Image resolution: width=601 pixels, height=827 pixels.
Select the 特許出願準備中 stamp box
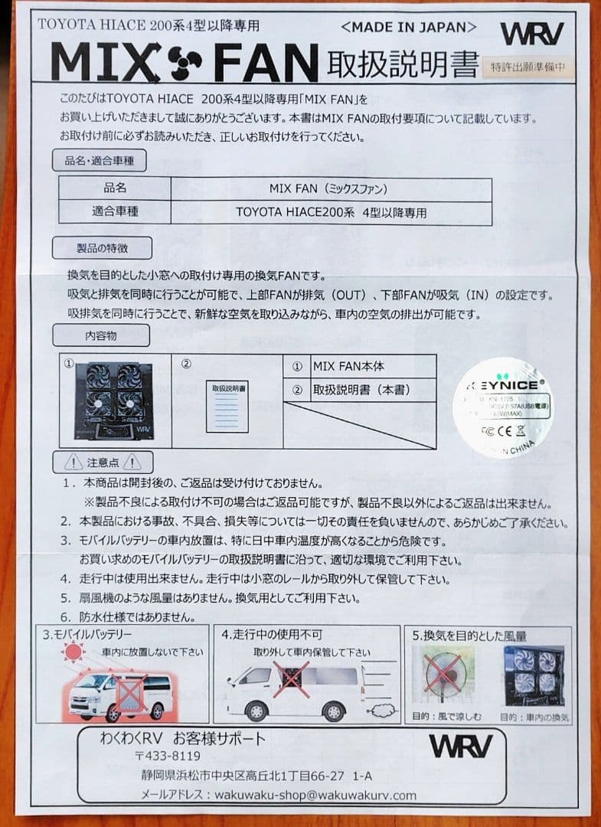point(528,67)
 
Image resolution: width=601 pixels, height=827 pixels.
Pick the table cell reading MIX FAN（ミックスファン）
point(331,188)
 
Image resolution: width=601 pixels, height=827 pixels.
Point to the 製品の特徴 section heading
point(102,248)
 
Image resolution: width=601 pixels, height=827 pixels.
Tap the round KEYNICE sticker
point(502,407)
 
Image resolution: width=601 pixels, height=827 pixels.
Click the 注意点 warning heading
point(103,463)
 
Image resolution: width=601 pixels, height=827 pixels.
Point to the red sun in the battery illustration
point(73,652)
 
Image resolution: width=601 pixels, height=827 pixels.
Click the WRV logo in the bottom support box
point(460,745)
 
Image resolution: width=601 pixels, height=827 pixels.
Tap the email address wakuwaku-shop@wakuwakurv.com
point(315,795)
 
